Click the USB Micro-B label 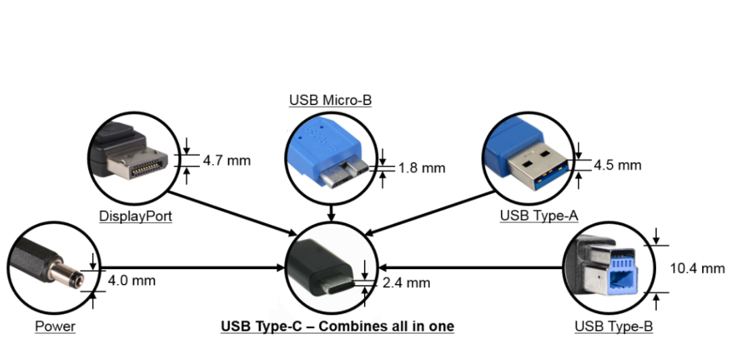[330, 100]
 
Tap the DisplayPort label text [135, 216]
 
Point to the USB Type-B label [613, 327]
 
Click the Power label [56, 327]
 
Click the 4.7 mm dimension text [226, 161]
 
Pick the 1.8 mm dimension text [421, 167]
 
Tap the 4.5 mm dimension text [617, 165]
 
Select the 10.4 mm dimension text [697, 268]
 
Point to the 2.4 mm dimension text [406, 283]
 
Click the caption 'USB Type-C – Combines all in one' [338, 327]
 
